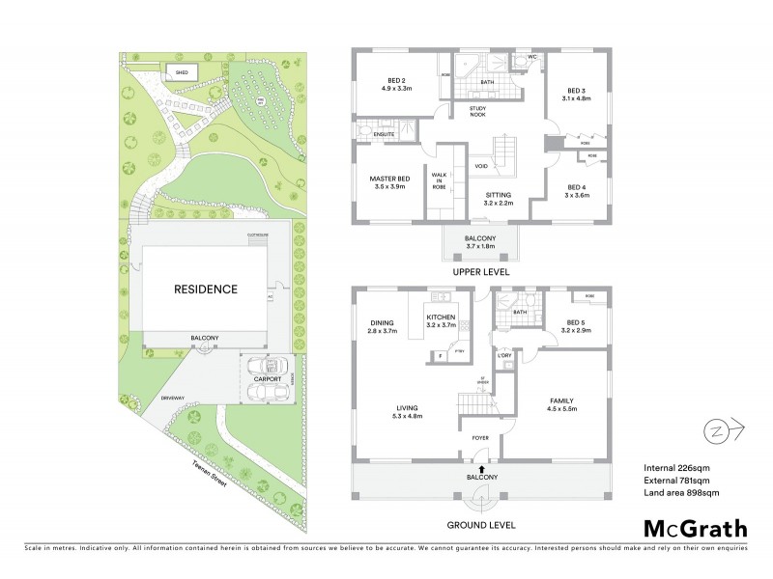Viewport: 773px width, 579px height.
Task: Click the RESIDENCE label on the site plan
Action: pyautogui.click(x=205, y=289)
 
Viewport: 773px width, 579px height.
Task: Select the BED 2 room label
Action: pyautogui.click(x=397, y=84)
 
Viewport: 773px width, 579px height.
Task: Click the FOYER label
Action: pyautogui.click(x=479, y=439)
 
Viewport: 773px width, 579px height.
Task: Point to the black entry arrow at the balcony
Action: pyautogui.click(x=481, y=468)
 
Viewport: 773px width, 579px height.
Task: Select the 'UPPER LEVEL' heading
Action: pyautogui.click(x=481, y=272)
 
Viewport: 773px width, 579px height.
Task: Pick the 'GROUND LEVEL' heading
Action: pyautogui.click(x=481, y=525)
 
